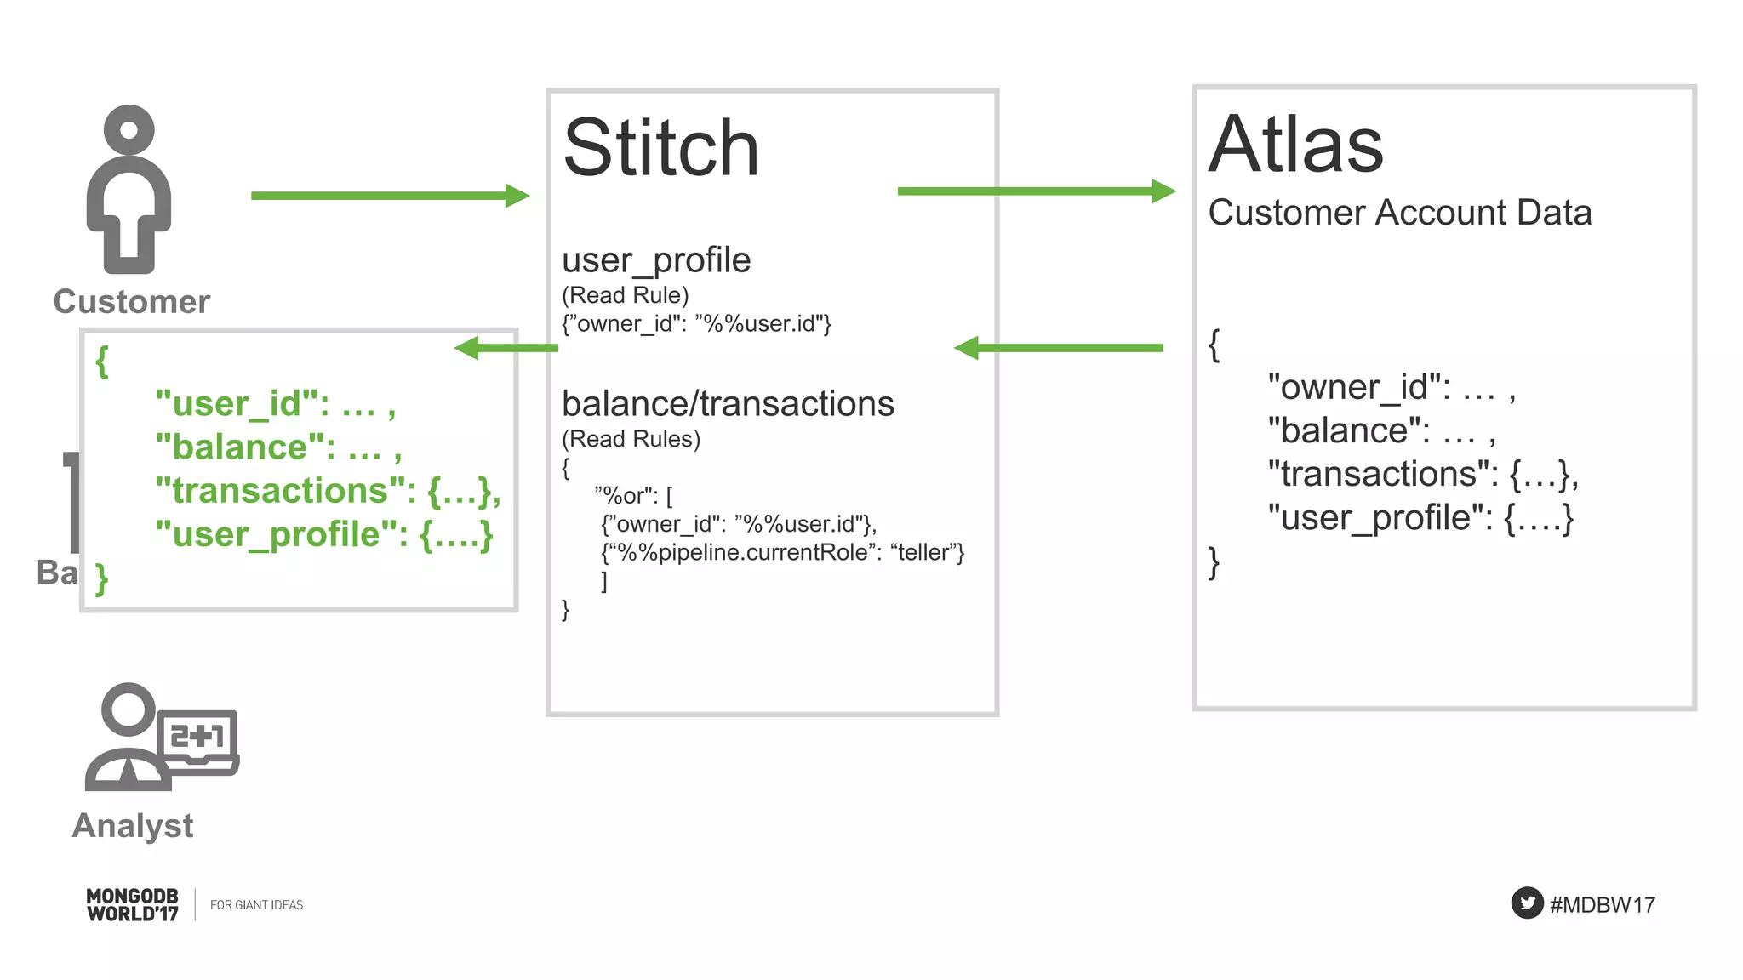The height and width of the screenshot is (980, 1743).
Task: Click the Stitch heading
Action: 660,149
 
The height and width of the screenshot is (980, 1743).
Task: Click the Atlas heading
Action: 1295,145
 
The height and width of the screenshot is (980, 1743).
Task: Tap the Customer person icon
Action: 129,189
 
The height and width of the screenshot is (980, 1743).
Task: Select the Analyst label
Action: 133,826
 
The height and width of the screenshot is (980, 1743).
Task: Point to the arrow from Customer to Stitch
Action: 389,196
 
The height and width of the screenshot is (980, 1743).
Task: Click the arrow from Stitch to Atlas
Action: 1036,191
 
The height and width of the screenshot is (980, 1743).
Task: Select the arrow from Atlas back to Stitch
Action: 1059,348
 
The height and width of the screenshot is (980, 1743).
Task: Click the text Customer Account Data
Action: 1399,213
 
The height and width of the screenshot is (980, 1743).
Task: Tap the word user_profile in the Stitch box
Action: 656,260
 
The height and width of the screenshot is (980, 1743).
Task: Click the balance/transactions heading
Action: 728,404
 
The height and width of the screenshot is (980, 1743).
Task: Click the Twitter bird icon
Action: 1527,903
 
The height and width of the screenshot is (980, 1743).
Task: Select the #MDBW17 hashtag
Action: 1602,905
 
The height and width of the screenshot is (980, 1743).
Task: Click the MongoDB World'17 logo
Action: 133,905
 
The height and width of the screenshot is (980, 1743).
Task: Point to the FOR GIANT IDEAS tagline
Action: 256,905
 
